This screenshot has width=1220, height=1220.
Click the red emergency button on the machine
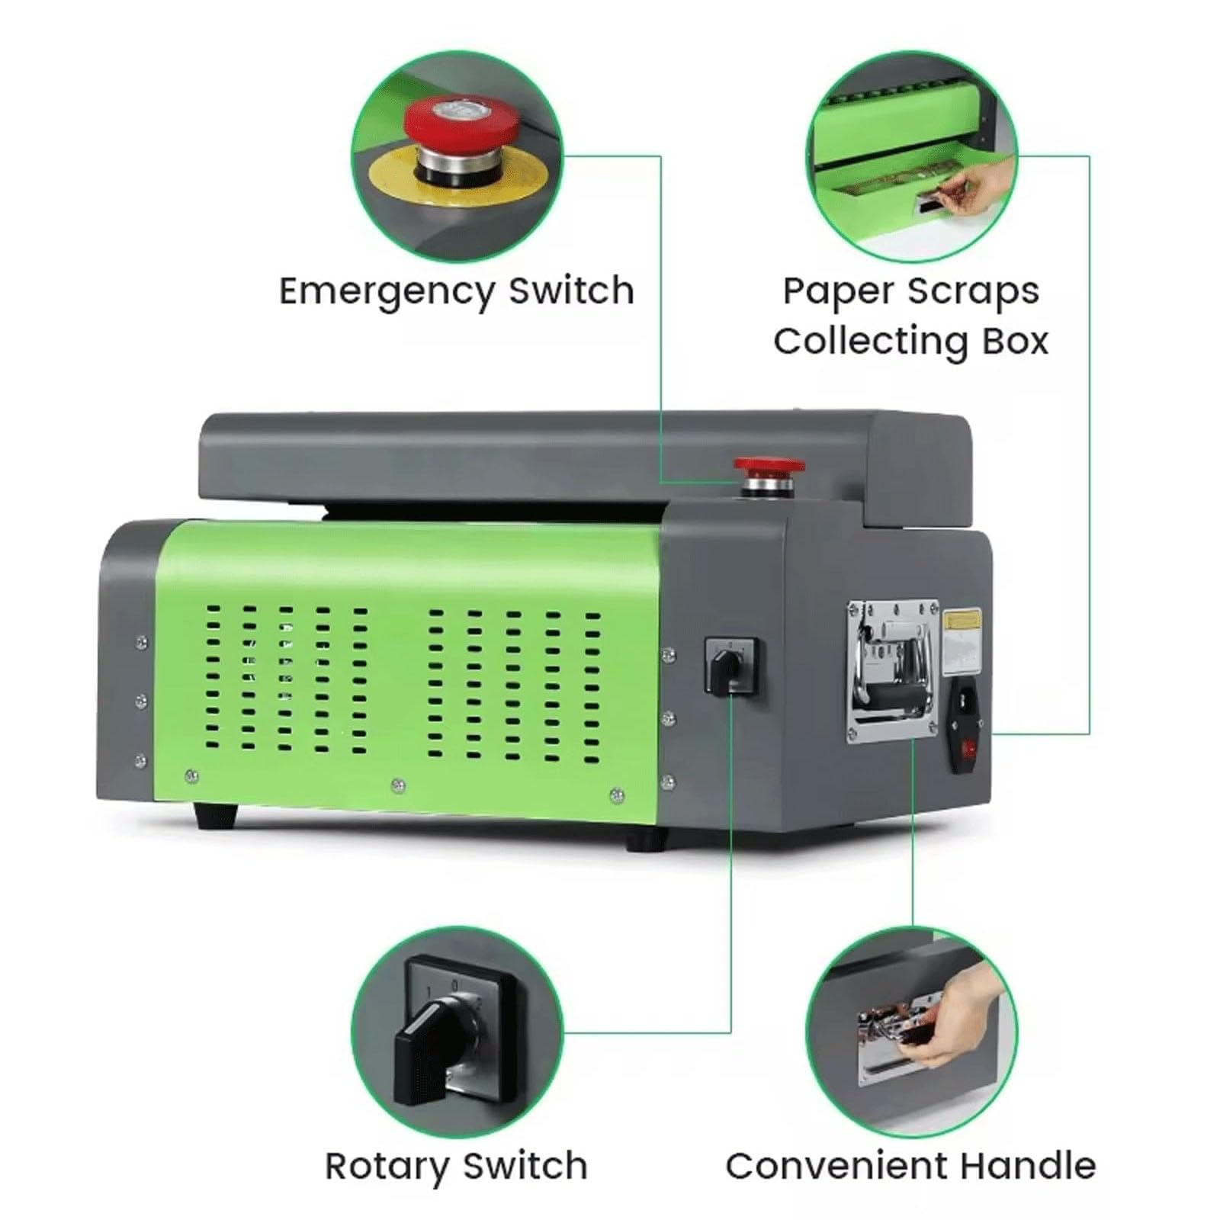pos(768,466)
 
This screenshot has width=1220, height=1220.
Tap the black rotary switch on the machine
pos(730,668)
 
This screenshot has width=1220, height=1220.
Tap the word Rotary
pos(387,1167)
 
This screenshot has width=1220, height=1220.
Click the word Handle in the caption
pos(1027,1167)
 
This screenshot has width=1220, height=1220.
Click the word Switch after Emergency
pos(571,292)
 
